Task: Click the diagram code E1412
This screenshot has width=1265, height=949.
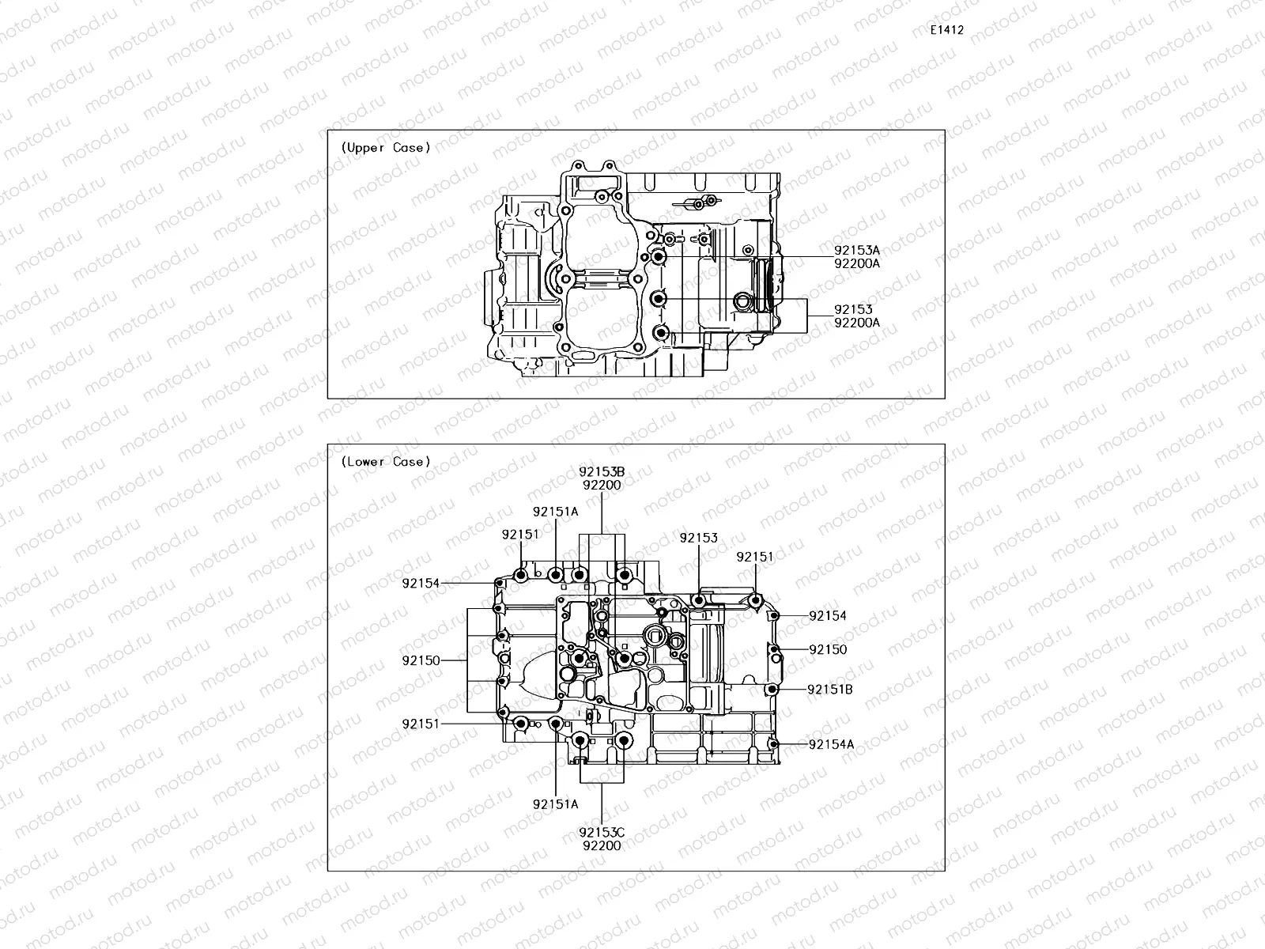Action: [x=946, y=30]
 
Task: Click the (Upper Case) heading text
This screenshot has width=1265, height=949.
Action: [x=386, y=148]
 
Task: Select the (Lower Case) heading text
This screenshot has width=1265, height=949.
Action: [x=386, y=462]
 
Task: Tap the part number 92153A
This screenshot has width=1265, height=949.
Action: [x=856, y=251]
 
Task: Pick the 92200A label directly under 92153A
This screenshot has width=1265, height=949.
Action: [x=856, y=264]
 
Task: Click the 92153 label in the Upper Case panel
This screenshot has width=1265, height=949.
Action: [x=853, y=310]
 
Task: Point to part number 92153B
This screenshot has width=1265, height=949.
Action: [x=602, y=472]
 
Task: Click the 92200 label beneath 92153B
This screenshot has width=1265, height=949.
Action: [x=602, y=486]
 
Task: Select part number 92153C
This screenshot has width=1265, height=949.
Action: [x=602, y=832]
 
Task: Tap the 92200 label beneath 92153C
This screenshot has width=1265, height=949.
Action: [x=602, y=845]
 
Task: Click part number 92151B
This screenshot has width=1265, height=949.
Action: [x=829, y=690]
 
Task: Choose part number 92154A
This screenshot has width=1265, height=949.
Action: [x=831, y=744]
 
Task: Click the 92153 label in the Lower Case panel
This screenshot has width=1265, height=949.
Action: [x=699, y=538]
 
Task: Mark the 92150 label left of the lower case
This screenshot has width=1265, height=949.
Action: [x=421, y=660]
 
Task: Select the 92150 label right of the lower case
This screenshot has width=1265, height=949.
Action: [x=828, y=650]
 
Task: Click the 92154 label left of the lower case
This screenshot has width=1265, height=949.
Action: [x=421, y=584]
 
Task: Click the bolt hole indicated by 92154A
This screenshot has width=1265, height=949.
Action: [x=774, y=744]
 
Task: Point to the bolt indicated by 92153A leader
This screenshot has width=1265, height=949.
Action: [x=658, y=257]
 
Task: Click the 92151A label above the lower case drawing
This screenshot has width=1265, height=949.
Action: [x=555, y=512]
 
